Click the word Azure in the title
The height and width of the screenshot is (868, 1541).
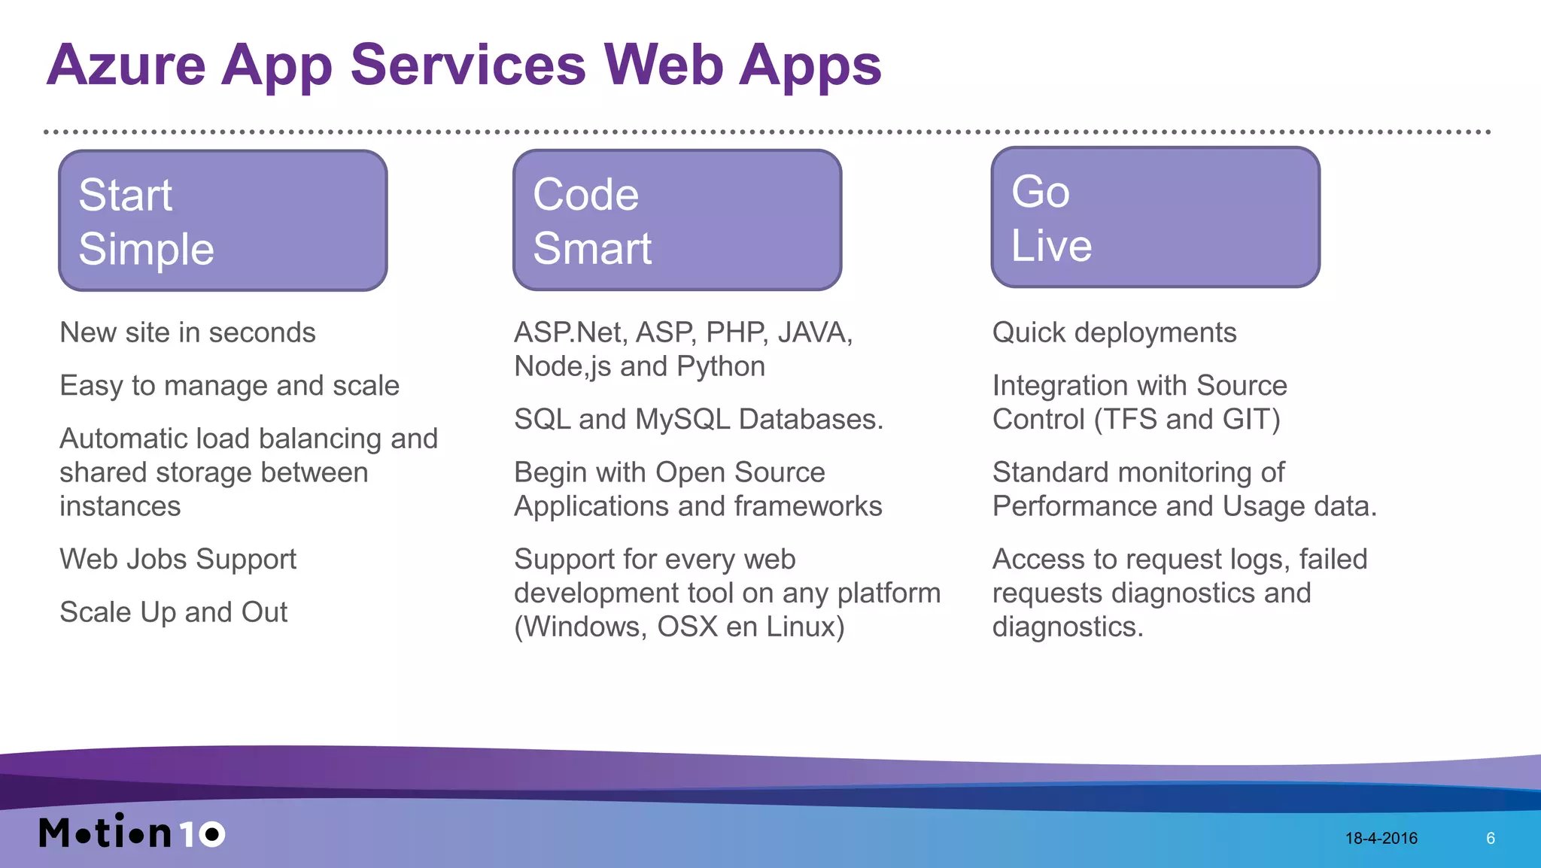click(x=126, y=65)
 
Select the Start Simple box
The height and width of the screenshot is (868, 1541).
click(x=223, y=220)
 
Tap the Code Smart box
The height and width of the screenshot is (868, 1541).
click(x=677, y=220)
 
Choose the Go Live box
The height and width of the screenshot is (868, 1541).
click(x=1155, y=217)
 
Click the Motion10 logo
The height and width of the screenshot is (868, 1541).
click(x=132, y=832)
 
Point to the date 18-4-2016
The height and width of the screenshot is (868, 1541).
click(x=1381, y=838)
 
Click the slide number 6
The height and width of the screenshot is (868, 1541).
click(x=1490, y=838)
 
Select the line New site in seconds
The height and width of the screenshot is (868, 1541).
click(x=187, y=332)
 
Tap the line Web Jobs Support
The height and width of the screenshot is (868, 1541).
click(x=178, y=559)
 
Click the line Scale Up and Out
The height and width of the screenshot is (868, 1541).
click(x=173, y=612)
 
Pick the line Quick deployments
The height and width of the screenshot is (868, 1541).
click(x=1114, y=332)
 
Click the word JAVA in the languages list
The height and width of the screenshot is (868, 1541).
click(x=814, y=332)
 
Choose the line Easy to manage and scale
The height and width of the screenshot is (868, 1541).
click(x=229, y=386)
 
